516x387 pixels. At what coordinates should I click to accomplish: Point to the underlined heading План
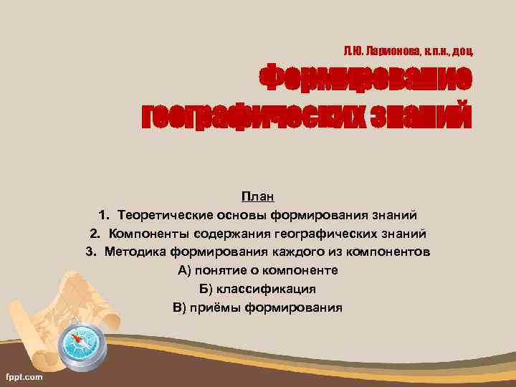pyautogui.click(x=257, y=196)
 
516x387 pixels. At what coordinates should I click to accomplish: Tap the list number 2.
pyautogui.click(x=95, y=233)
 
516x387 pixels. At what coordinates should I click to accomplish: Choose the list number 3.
pyautogui.click(x=90, y=252)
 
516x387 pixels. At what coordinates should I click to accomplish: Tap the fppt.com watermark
pyautogui.click(x=24, y=376)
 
